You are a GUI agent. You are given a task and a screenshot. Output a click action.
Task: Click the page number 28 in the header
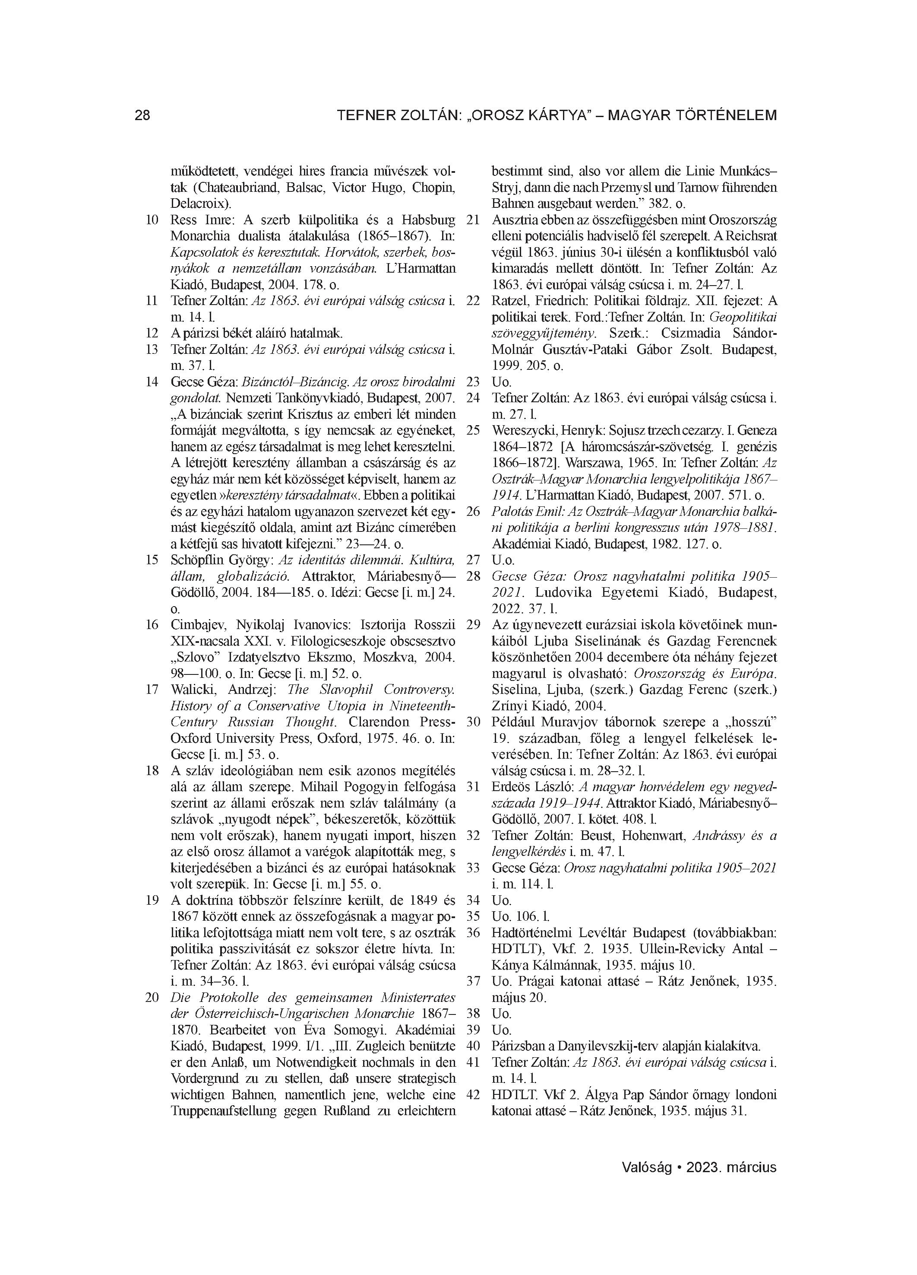pyautogui.click(x=143, y=116)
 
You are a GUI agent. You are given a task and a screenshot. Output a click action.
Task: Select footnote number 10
pyautogui.click(x=152, y=220)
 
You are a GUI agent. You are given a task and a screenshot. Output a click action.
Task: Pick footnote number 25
pyautogui.click(x=473, y=431)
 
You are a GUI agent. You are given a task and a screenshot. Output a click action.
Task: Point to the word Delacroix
pyautogui.click(x=197, y=203)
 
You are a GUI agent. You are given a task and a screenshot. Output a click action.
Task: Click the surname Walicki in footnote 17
pyautogui.click(x=191, y=690)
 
